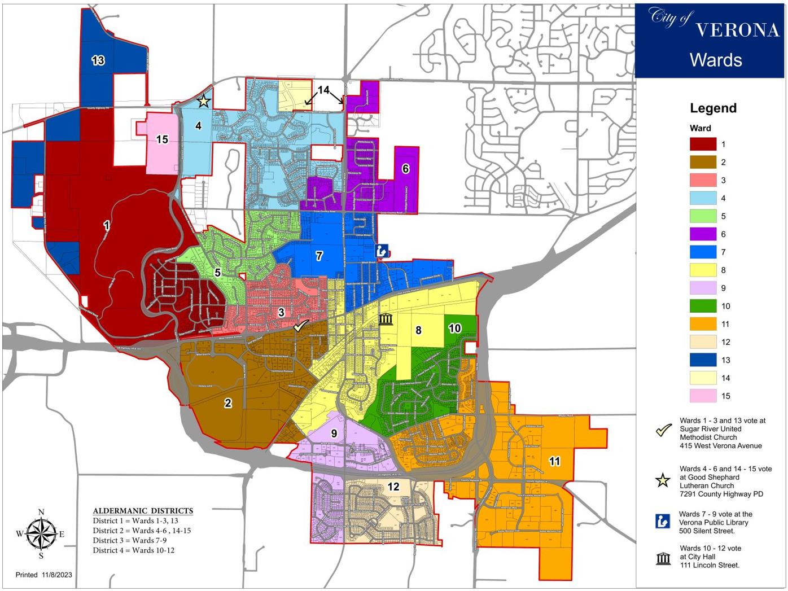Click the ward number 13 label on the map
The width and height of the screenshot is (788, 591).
(98, 60)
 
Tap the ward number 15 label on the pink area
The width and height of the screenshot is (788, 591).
(162, 139)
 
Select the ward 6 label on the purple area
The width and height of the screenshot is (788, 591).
(405, 168)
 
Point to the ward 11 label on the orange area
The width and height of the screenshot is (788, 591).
(554, 461)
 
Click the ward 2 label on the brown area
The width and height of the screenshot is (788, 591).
(228, 402)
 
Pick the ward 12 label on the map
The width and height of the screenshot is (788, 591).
(393, 486)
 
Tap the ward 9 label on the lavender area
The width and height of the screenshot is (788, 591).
(334, 433)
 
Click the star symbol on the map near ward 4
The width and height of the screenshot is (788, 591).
(203, 102)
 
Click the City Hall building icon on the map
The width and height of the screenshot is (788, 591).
(386, 319)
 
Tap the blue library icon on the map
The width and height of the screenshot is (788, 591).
(382, 251)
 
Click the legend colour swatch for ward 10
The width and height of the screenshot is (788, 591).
(703, 306)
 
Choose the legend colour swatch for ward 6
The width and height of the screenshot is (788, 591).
(703, 234)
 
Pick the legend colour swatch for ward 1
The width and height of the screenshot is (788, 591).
(703, 145)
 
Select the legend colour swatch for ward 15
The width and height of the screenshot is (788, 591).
(703, 396)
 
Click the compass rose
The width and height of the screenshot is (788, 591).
(41, 533)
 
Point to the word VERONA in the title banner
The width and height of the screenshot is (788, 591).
(737, 30)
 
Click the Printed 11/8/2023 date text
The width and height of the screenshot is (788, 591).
(44, 575)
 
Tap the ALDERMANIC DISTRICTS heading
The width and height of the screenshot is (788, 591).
(143, 510)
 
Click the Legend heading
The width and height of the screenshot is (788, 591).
(713, 108)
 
